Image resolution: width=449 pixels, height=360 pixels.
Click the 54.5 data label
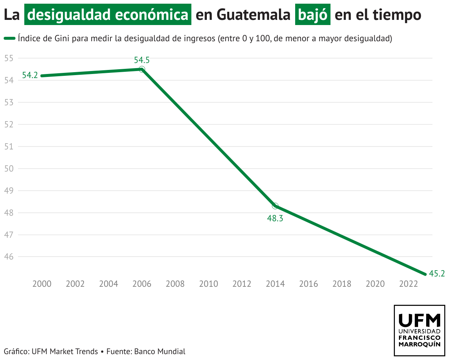click(x=142, y=60)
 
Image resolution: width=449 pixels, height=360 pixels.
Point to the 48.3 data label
click(x=275, y=218)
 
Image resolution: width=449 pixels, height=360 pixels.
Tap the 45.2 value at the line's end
click(x=437, y=273)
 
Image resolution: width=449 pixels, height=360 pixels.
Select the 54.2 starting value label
click(x=30, y=75)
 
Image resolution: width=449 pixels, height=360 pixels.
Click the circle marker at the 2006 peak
click(x=142, y=69)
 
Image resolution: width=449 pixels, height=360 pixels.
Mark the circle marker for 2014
click(x=275, y=206)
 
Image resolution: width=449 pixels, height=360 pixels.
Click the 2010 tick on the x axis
click(x=208, y=284)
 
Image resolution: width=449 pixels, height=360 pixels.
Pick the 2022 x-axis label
click(x=408, y=284)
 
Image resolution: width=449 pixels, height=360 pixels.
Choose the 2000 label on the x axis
click(x=42, y=284)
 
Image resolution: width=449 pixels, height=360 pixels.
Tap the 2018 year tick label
click(x=342, y=284)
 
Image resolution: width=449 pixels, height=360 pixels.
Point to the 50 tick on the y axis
click(x=9, y=169)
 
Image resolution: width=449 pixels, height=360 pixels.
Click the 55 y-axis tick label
click(x=9, y=58)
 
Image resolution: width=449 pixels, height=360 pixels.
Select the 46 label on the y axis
click(x=9, y=257)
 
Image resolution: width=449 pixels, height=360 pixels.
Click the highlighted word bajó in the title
click(x=312, y=15)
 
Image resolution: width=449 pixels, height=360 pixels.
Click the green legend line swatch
click(x=10, y=38)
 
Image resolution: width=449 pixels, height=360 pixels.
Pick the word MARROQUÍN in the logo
click(x=420, y=344)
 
